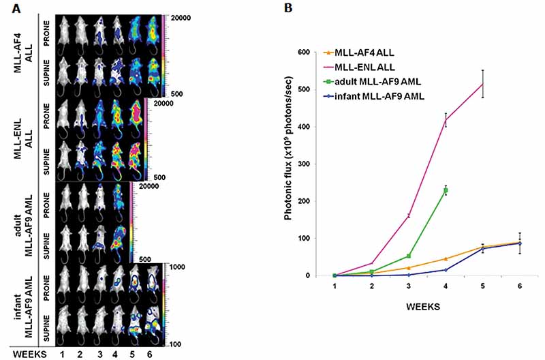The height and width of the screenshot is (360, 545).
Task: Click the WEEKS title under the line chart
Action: coord(423,307)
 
